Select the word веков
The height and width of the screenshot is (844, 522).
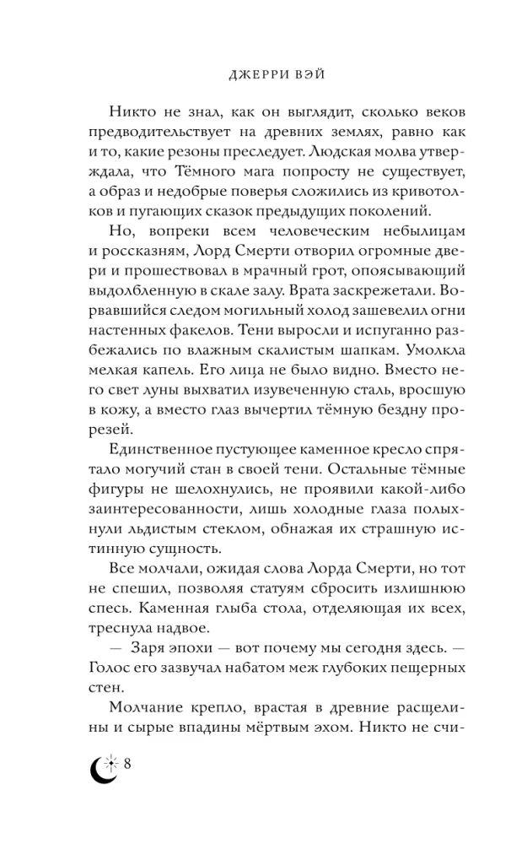pos(438,114)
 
